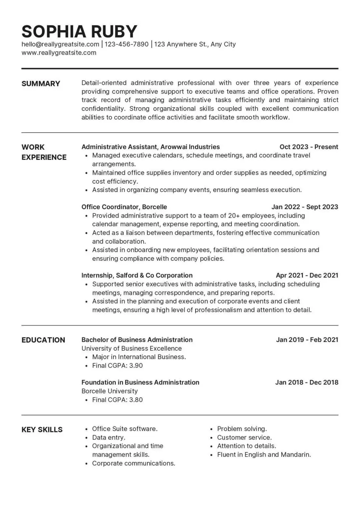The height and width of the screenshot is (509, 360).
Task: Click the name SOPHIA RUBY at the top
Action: coord(79,31)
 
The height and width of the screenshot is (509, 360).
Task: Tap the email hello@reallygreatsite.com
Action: coord(60,44)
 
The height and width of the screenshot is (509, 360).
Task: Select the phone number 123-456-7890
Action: coord(127,44)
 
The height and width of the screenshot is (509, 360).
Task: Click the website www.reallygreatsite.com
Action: coord(59,53)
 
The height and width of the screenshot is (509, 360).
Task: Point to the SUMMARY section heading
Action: coord(41,84)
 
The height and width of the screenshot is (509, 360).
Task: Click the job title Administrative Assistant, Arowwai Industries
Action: coord(150,147)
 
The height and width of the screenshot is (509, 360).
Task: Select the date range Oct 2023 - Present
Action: coord(309,147)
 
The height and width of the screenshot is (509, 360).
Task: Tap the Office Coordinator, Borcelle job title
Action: coord(124,207)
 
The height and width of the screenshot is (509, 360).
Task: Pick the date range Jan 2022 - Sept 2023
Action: coord(305,207)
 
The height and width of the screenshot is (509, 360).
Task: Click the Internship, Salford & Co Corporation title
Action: coord(137,275)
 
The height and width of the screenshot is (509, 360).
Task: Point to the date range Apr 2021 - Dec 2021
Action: coord(307,275)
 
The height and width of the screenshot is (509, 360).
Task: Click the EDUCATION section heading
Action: coord(43,340)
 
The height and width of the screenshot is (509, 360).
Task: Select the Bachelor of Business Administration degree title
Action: coord(137,340)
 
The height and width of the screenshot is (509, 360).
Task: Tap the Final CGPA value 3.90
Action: coord(136,366)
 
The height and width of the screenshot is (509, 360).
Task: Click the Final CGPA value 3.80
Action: coord(136,400)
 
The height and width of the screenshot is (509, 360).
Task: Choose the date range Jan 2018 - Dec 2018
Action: coord(307,382)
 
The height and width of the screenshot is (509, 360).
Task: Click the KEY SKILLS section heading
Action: coord(42,430)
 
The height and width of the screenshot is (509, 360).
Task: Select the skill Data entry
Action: coord(109,438)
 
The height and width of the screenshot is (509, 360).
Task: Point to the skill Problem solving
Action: coord(242,429)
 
